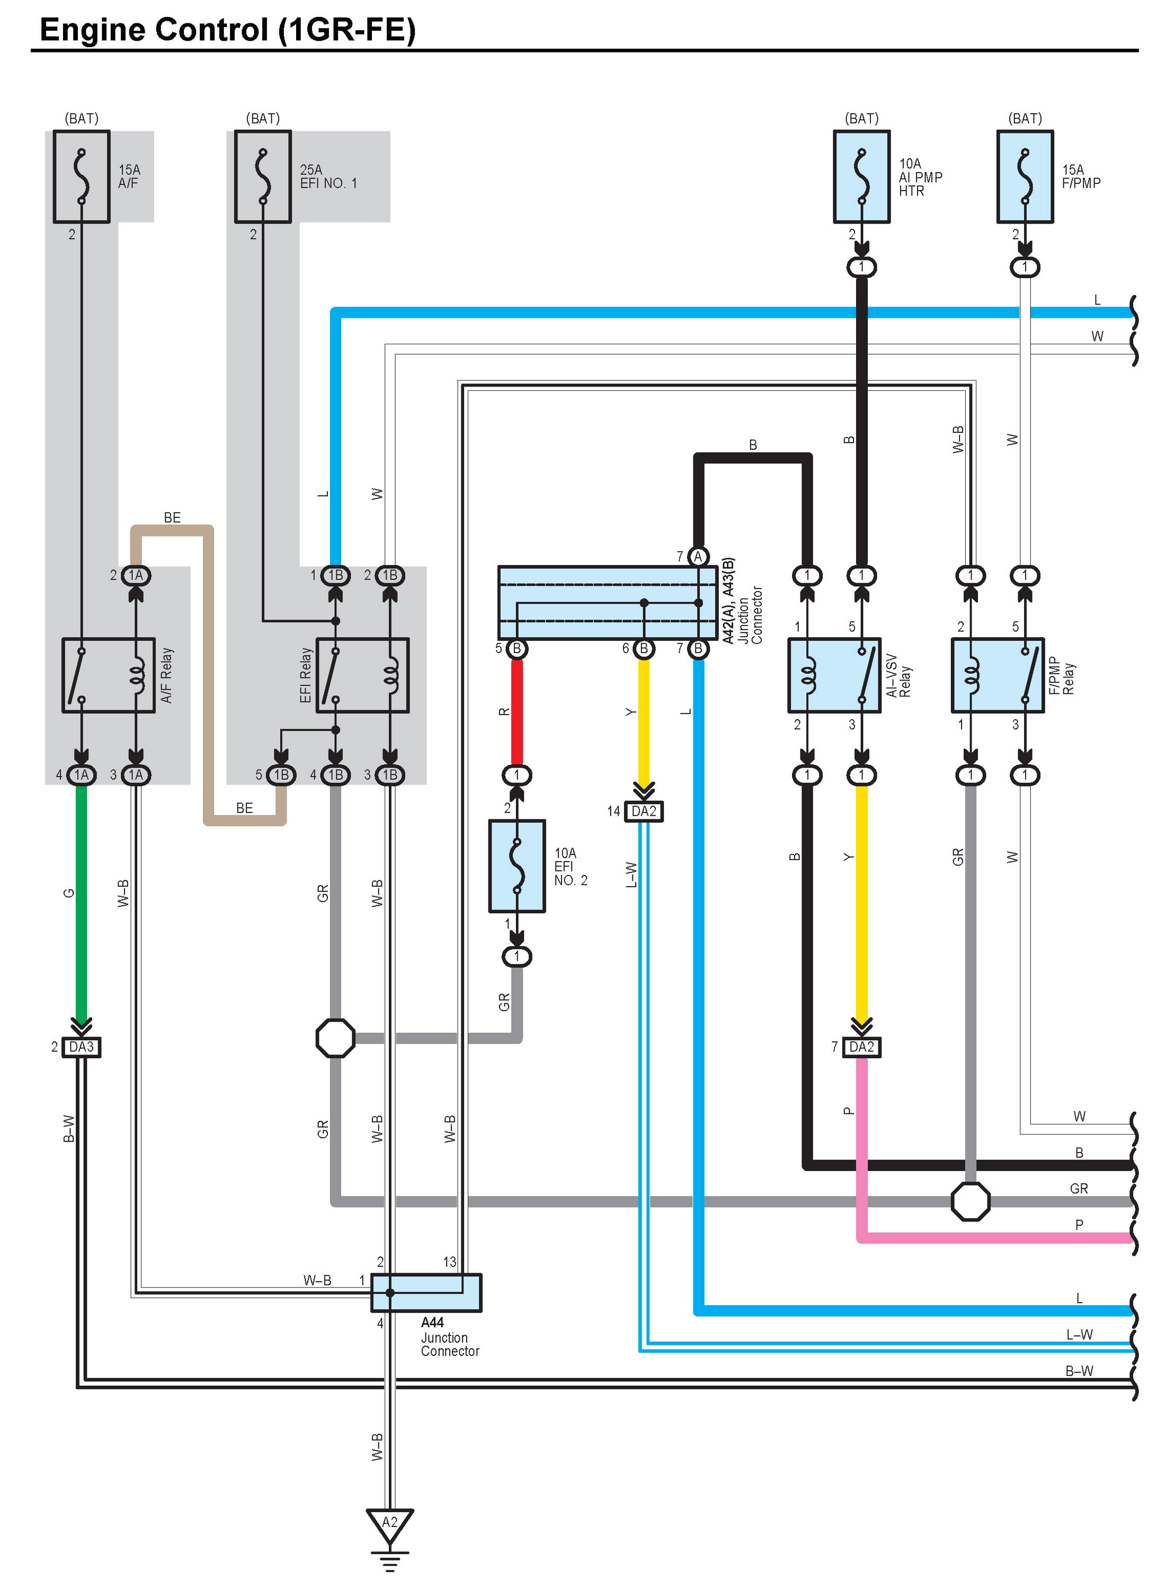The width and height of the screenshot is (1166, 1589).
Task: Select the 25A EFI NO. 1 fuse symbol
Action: point(263,176)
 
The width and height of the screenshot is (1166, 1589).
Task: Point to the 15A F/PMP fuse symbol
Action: point(1025,176)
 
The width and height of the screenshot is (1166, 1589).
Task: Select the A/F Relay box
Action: point(109,675)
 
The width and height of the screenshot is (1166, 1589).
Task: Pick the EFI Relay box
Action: point(362,675)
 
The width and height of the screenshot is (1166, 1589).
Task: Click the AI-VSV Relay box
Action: point(834,675)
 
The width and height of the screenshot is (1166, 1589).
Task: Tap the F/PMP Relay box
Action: point(998,675)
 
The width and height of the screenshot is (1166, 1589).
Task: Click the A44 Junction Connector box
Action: point(426,1292)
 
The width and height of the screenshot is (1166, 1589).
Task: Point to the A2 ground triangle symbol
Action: point(389,1524)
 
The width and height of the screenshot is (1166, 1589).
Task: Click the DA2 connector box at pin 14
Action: point(644,811)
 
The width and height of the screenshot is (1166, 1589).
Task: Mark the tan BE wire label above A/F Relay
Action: point(172,517)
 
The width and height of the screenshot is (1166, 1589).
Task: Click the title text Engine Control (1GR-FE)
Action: point(227,30)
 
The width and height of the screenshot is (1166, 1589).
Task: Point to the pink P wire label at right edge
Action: point(1079,1224)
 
